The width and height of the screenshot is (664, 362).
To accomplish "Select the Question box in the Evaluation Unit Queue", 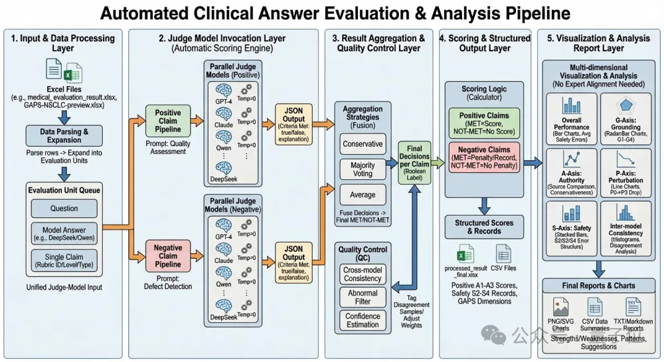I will click(64, 209).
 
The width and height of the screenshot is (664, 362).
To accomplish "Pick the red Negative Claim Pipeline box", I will click(167, 256).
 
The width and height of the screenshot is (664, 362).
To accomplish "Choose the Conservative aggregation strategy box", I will click(363, 143).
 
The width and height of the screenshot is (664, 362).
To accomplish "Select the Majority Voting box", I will click(363, 169).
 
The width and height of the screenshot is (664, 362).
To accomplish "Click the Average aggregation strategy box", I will click(363, 195).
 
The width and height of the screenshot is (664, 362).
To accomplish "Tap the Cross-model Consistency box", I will click(363, 274).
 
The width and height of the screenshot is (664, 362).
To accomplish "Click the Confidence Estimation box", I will click(363, 321).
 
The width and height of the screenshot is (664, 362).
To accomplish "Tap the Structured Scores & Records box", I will click(483, 226).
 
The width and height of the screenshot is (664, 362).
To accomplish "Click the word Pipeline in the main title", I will click(531, 13).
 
